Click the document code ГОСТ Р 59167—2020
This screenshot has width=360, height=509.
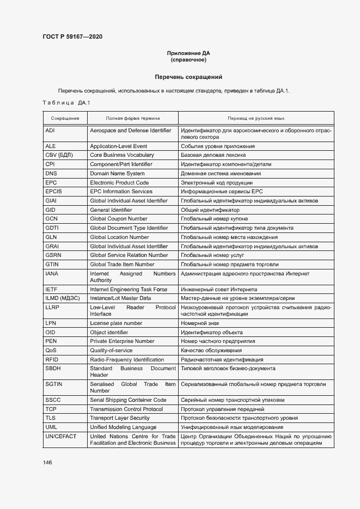[x=72, y=37]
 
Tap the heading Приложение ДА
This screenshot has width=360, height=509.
[x=188, y=53]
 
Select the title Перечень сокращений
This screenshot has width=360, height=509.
[x=188, y=77]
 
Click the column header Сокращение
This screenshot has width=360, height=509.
[x=65, y=118]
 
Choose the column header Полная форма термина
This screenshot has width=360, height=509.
[x=132, y=118]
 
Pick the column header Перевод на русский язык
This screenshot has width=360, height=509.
[x=256, y=118]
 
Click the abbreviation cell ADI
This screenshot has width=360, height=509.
[x=50, y=131]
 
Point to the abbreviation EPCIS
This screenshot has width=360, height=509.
[x=54, y=192]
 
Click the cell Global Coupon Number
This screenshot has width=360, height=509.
[x=118, y=219]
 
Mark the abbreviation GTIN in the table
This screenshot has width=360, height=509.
[x=52, y=265]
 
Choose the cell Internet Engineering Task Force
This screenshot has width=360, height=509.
[x=128, y=290]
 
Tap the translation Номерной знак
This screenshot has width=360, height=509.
[x=200, y=323]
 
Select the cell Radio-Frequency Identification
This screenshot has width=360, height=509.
[x=126, y=360]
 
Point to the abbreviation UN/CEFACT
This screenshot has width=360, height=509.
[x=61, y=437]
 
